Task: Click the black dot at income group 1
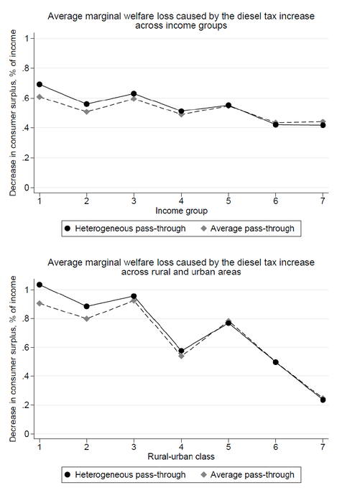(40, 85)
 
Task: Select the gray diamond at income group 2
(86, 112)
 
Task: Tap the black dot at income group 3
(134, 94)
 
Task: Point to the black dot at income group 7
(323, 125)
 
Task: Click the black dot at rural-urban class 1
(40, 285)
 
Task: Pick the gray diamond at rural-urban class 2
(86, 318)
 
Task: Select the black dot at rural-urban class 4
(181, 351)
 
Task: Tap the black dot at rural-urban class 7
(323, 400)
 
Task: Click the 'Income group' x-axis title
(180, 211)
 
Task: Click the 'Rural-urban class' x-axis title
(180, 456)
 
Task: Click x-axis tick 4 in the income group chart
(181, 199)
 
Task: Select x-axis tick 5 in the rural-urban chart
(229, 446)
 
